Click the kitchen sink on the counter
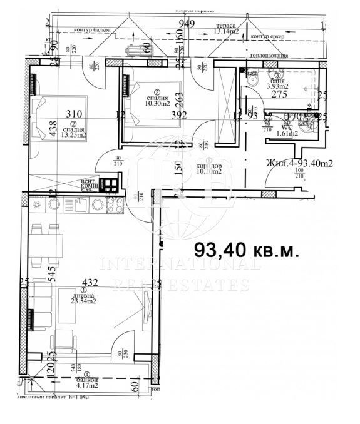38,204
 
